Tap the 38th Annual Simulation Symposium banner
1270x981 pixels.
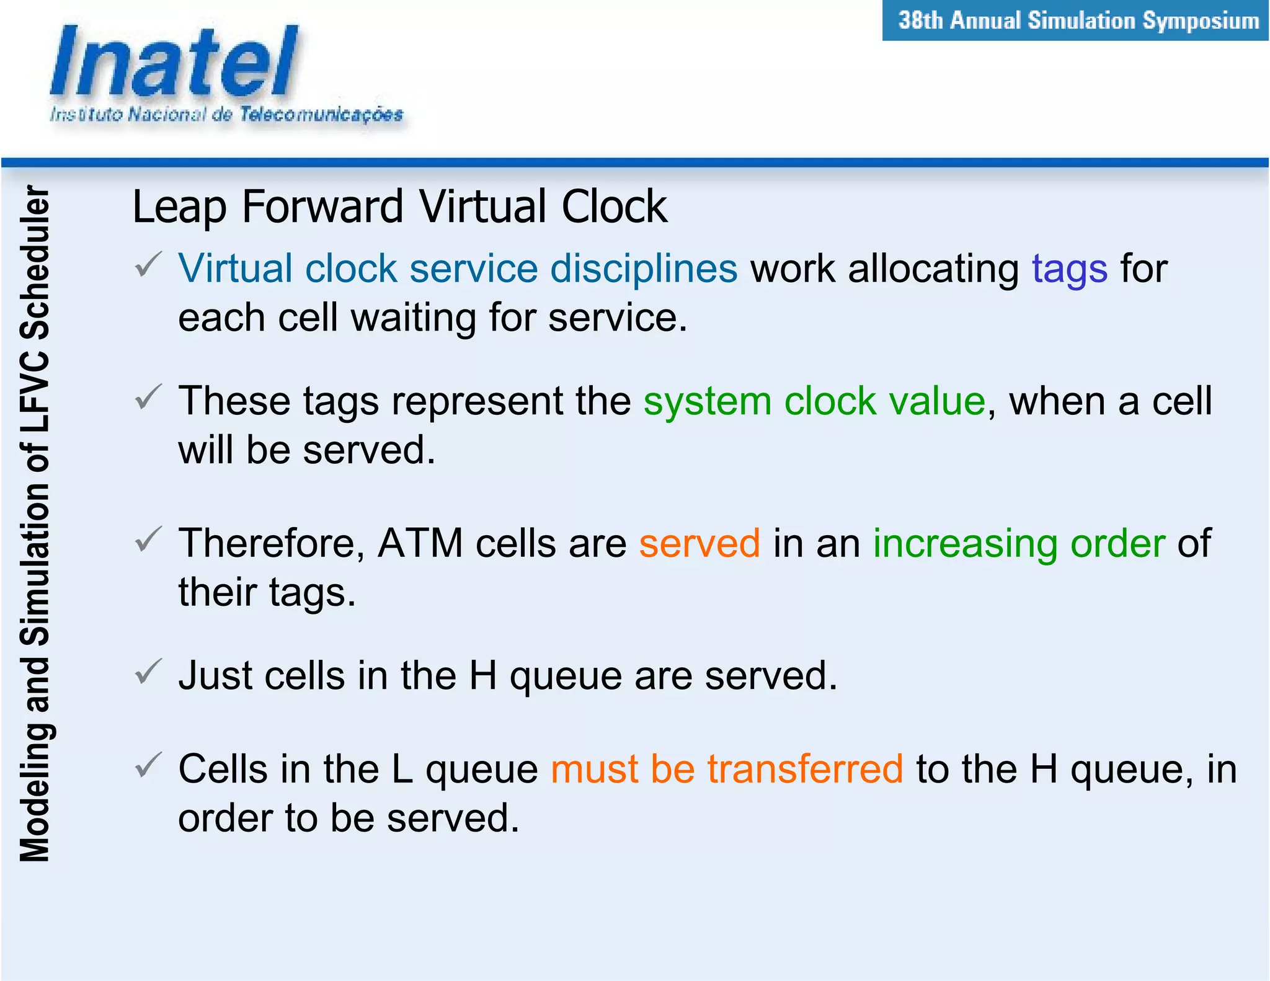point(1076,21)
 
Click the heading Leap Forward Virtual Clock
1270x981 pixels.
point(399,206)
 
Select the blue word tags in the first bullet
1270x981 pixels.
point(1069,270)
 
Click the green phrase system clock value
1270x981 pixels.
point(814,401)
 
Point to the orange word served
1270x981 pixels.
point(699,544)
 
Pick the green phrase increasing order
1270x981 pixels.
point(1019,544)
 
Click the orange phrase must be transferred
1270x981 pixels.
point(726,770)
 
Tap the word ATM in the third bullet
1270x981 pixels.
point(420,544)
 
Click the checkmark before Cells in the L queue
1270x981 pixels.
point(148,765)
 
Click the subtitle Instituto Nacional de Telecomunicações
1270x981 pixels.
point(226,115)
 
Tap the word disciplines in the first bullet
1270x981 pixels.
point(643,270)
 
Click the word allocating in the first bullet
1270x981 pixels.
point(933,270)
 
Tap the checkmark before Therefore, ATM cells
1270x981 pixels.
point(148,539)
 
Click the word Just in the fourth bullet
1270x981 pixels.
point(215,676)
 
